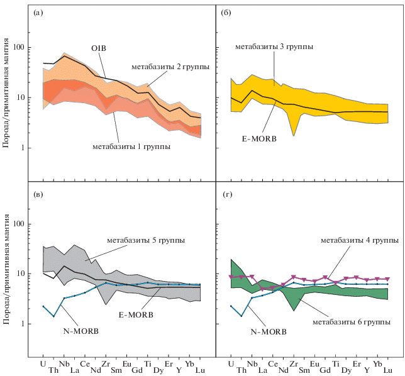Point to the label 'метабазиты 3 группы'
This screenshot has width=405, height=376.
274,47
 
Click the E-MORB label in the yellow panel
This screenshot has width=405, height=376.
258,138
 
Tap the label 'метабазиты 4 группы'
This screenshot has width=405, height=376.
360,240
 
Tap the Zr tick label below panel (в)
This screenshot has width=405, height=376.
106,363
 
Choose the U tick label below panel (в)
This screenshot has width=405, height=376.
43,363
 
